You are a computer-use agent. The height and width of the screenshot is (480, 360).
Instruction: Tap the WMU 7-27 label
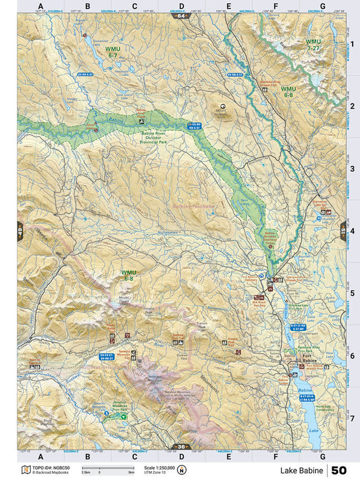click(x=312, y=45)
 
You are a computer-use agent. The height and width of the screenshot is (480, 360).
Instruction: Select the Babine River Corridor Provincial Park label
click(x=155, y=138)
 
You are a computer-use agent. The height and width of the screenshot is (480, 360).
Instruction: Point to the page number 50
click(x=339, y=470)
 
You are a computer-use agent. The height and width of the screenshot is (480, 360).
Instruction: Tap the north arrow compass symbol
click(x=182, y=470)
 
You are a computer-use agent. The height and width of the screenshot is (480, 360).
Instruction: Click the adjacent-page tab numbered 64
click(x=181, y=16)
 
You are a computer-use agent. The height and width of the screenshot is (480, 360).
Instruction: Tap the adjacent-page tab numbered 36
click(x=181, y=447)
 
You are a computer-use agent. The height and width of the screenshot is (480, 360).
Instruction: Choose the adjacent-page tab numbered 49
click(x=20, y=231)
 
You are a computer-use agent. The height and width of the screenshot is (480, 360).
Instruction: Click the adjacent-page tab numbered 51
click(x=343, y=231)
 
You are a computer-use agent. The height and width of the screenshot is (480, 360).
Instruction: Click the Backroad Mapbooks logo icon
click(x=25, y=469)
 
